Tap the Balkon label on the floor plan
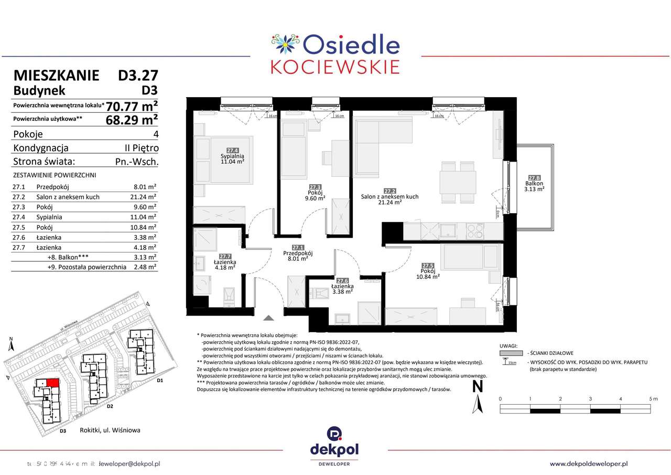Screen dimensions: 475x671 point(535,184)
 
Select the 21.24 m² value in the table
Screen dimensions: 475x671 point(145,197)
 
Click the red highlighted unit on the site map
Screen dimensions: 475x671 point(52,384)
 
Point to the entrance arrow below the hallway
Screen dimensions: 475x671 point(268,318)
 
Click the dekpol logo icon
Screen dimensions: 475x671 point(334,434)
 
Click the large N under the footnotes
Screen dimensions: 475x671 point(477,387)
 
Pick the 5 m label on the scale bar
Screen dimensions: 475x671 point(653,399)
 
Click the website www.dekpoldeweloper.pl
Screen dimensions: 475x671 point(589,463)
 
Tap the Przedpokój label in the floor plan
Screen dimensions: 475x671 point(298,253)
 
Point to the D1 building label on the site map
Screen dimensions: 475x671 point(160,380)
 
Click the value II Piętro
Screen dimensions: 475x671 point(138,148)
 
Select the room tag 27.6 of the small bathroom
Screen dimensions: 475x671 point(343,281)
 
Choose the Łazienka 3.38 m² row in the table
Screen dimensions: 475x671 point(84,237)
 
